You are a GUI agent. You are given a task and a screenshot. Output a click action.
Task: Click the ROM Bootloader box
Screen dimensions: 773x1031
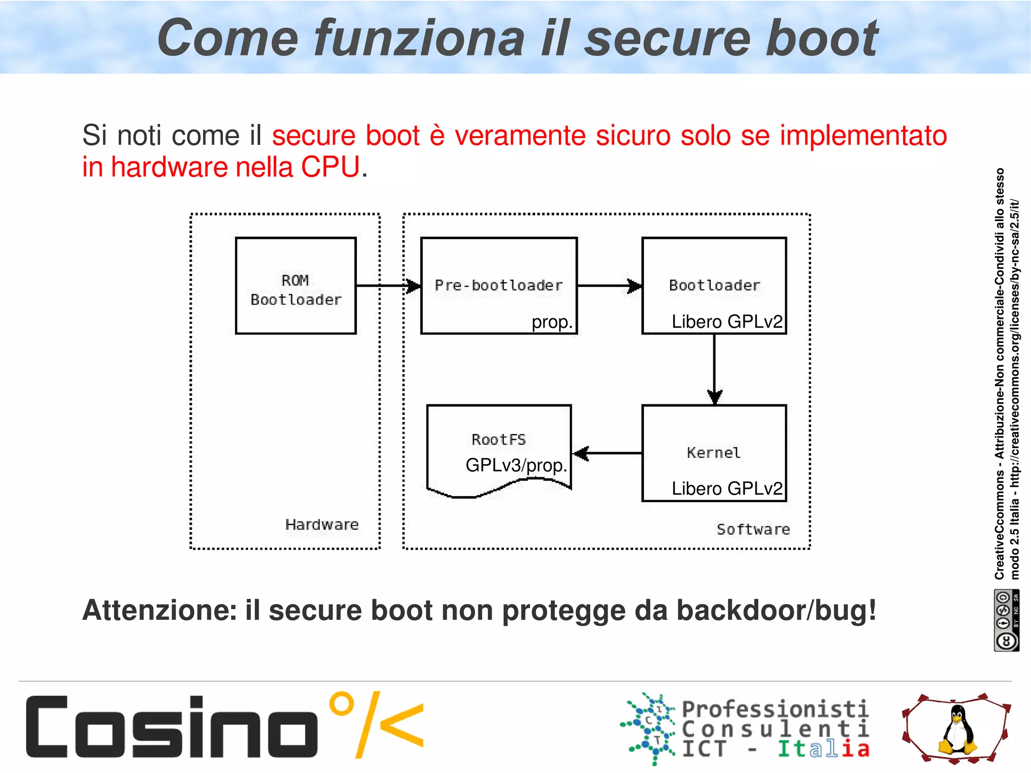[x=296, y=286]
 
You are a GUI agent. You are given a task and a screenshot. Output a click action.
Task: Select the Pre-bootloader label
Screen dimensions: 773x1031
[x=498, y=286]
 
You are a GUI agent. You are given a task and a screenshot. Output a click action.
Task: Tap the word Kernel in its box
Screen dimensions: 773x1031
[x=713, y=453]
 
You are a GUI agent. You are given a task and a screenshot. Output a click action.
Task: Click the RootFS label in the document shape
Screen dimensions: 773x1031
[x=498, y=440]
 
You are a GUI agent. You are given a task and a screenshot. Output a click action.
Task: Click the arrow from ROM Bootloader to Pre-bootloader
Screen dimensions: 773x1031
[x=388, y=286]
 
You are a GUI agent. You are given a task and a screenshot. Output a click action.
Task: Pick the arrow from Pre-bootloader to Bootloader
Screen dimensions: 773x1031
[x=609, y=286]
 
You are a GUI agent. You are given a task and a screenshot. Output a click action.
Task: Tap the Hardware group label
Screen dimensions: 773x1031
[x=322, y=525]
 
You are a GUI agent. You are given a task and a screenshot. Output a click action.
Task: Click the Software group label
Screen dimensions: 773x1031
[x=753, y=530]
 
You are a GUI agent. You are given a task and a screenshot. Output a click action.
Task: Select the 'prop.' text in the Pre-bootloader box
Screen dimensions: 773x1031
[x=552, y=322]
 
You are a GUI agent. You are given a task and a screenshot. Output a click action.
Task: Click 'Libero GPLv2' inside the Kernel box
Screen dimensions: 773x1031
[x=726, y=488]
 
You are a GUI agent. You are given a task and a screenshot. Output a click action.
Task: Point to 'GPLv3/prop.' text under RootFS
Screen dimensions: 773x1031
[x=516, y=465]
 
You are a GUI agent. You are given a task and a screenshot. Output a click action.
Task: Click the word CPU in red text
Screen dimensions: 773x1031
[x=331, y=167]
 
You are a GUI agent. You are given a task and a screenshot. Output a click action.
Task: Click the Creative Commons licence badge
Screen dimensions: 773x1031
[x=1006, y=620]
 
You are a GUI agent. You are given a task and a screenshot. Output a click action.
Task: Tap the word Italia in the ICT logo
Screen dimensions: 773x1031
[x=824, y=749]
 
